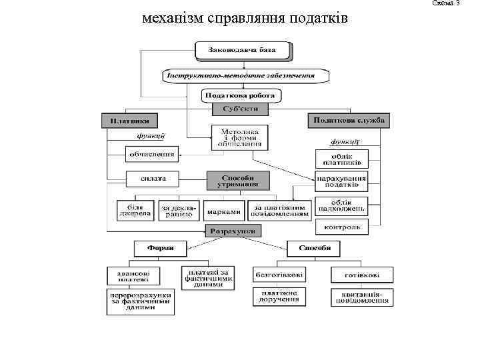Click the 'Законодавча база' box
(x=243, y=50)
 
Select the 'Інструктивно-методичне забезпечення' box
(x=246, y=75)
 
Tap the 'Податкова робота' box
(x=241, y=96)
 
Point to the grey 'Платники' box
(x=130, y=121)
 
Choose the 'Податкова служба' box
(x=349, y=121)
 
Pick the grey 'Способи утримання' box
(x=238, y=181)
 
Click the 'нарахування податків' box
(x=341, y=182)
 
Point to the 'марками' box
(x=223, y=211)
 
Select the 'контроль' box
(x=341, y=227)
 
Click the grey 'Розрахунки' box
(x=233, y=231)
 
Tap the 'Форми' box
(x=161, y=248)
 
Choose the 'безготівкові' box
(x=279, y=274)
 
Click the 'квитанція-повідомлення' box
(x=360, y=297)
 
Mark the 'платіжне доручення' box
(x=279, y=297)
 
